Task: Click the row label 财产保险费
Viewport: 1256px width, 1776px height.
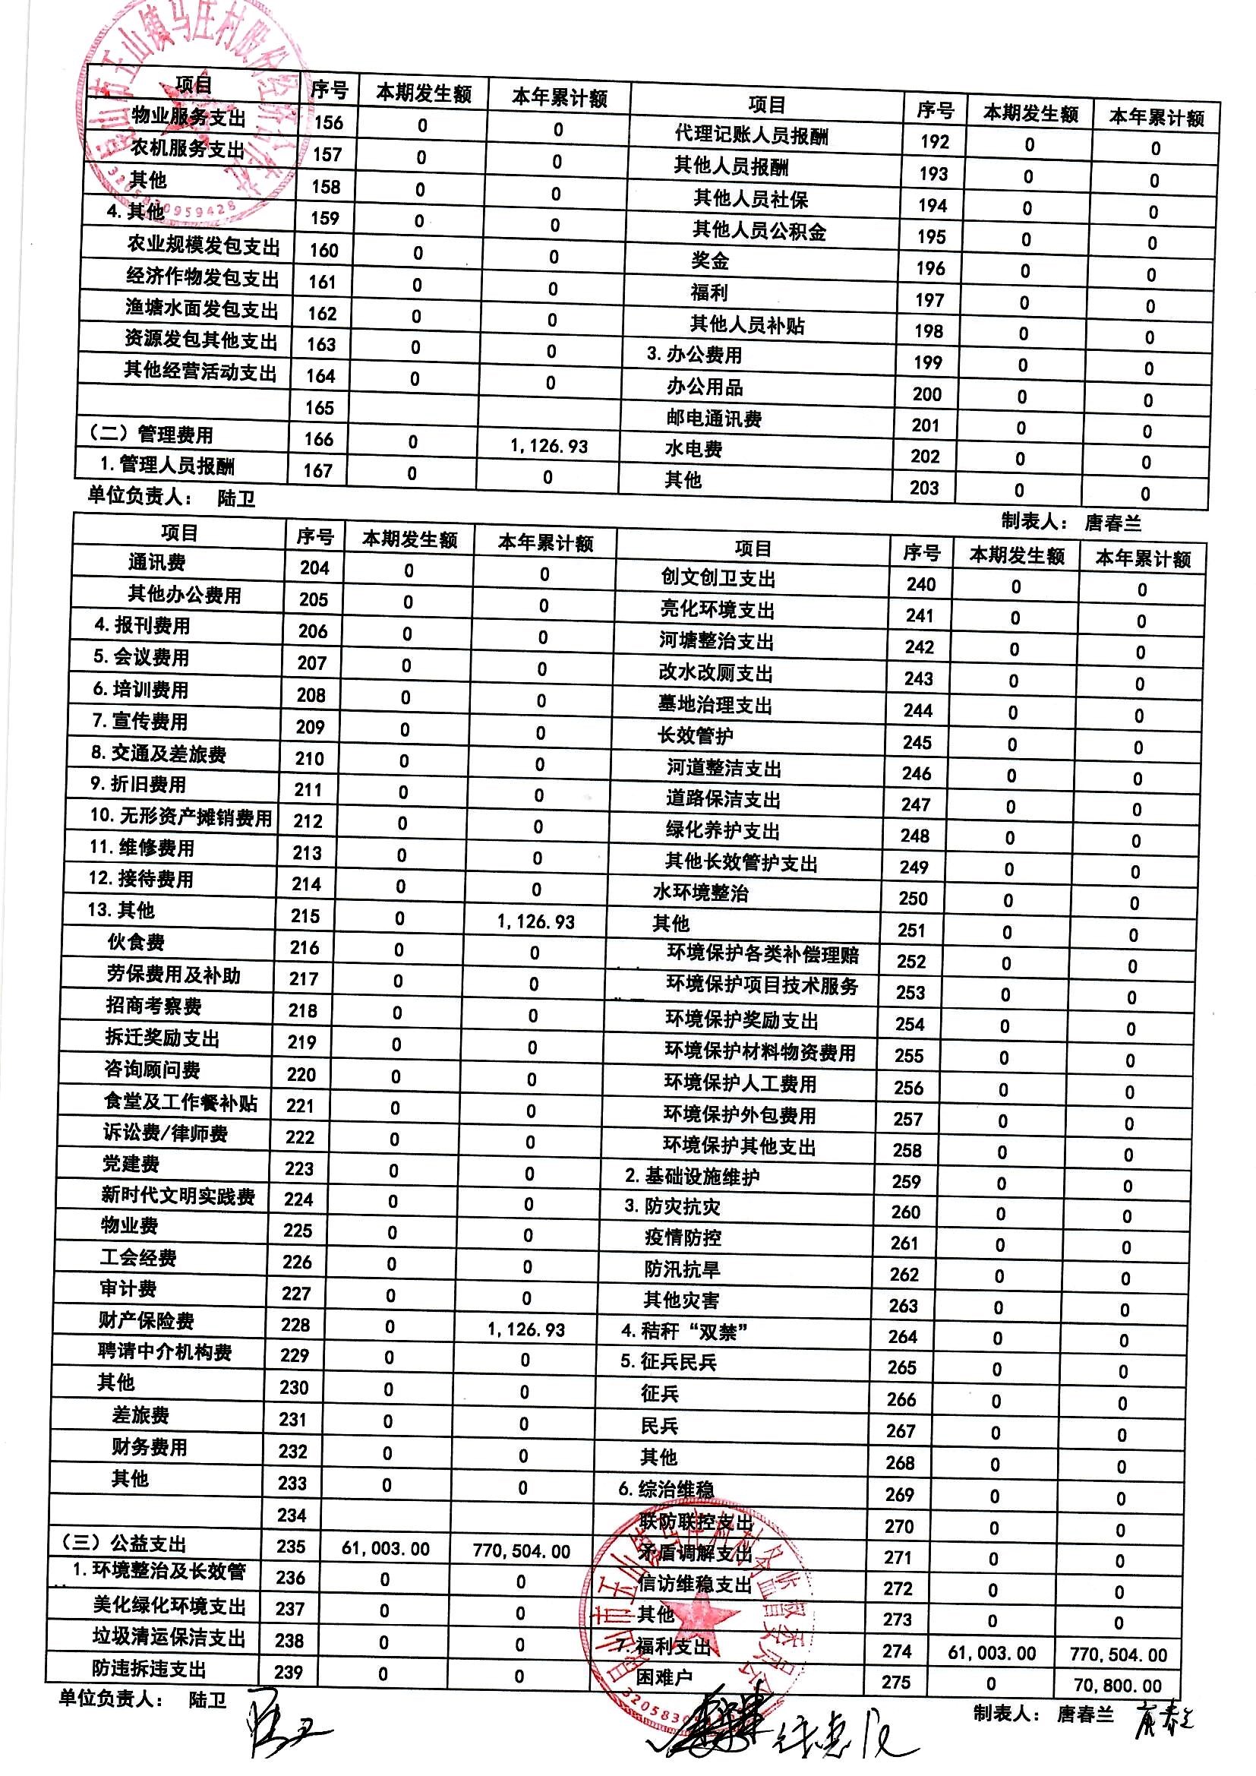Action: tap(146, 1320)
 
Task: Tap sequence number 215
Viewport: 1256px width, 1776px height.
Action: tap(305, 916)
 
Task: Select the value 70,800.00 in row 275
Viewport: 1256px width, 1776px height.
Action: tap(1118, 1685)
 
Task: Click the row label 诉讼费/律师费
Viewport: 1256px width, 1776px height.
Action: tap(166, 1133)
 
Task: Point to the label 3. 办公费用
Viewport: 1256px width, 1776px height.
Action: tap(694, 355)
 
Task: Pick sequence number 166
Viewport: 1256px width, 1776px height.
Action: tap(319, 439)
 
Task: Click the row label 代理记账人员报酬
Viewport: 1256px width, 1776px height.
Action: tap(751, 135)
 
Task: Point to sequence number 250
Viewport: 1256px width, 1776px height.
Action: tap(913, 899)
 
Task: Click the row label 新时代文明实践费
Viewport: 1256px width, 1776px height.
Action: tap(178, 1196)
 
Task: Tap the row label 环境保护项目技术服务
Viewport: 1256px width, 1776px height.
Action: tap(762, 986)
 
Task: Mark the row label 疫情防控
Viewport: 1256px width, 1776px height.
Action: tap(682, 1237)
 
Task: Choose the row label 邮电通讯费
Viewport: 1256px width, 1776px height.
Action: tap(714, 419)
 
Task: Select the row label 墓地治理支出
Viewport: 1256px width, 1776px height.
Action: tap(715, 705)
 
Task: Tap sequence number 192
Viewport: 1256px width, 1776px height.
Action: tap(934, 141)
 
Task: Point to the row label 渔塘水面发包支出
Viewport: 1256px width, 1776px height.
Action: tap(202, 309)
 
